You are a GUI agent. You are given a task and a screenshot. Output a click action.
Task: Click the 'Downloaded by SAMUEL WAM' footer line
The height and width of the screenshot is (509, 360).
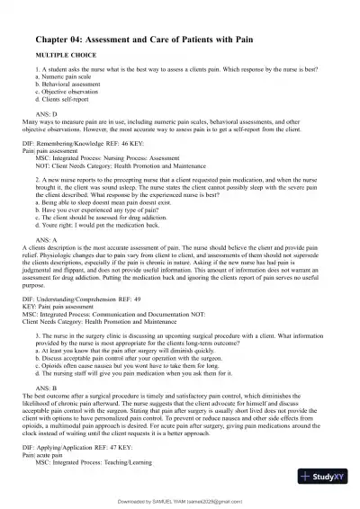tap(180, 501)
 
